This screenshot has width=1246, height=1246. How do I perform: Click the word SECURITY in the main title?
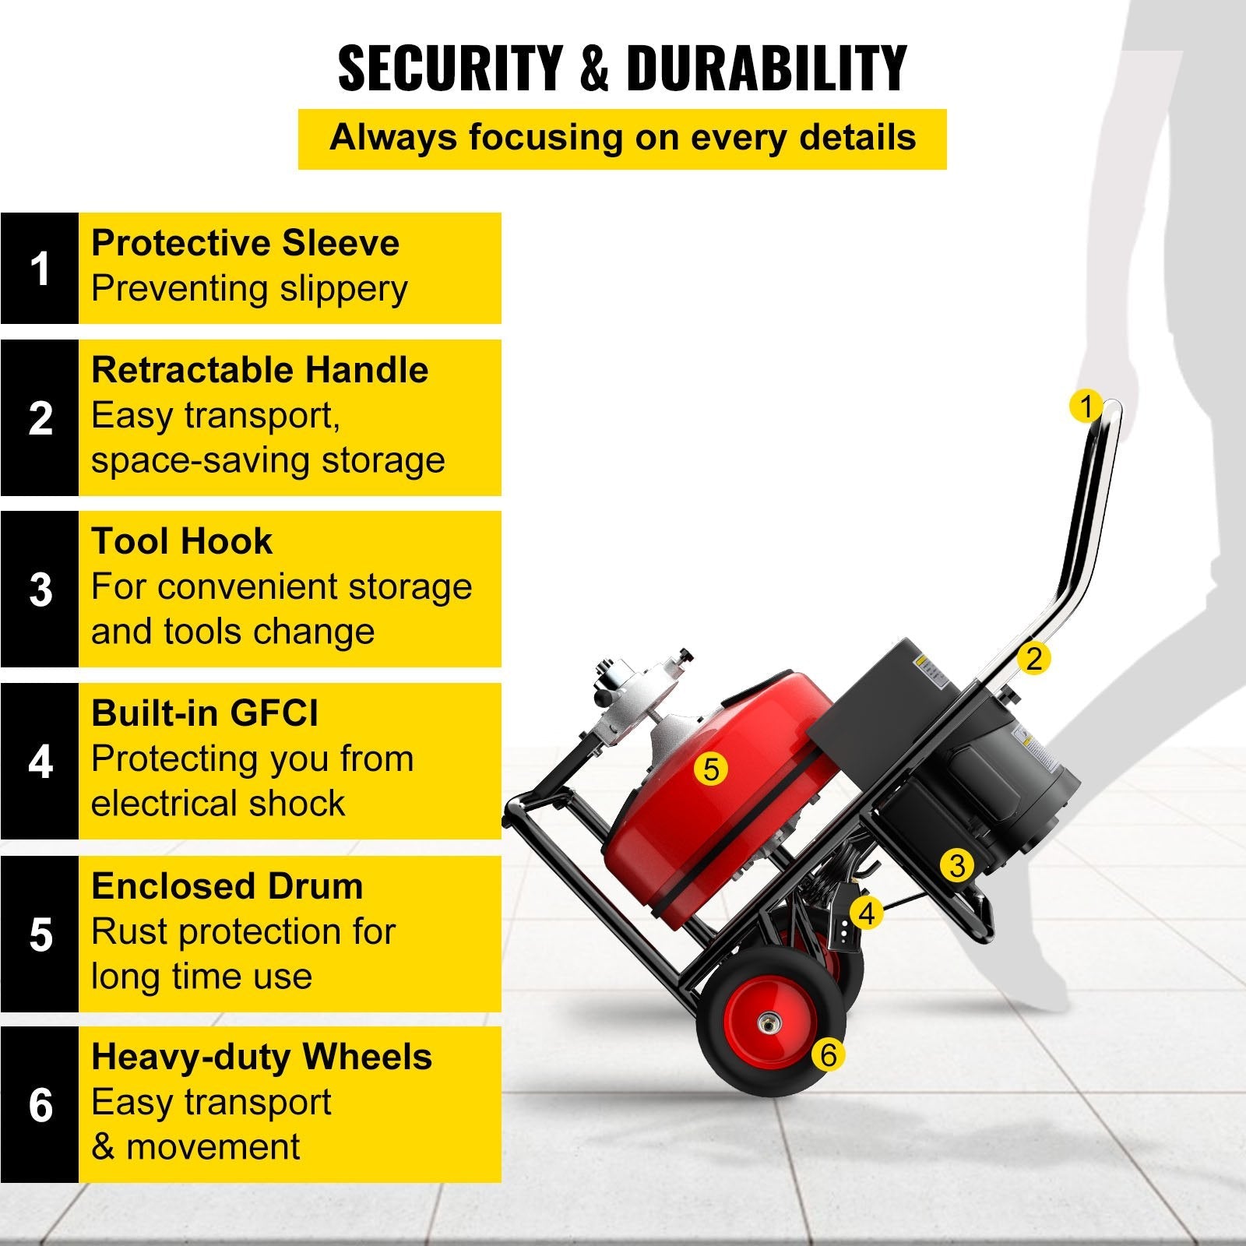pyautogui.click(x=450, y=68)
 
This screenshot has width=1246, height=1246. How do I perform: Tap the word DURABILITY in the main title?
pyautogui.click(x=766, y=68)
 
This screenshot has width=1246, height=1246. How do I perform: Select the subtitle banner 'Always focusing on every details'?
pyautogui.click(x=622, y=139)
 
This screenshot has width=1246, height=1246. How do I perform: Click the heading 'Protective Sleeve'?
pyautogui.click(x=245, y=243)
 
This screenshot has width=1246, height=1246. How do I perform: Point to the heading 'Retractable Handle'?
pyautogui.click(x=259, y=370)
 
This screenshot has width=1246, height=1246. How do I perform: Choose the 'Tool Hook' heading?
pyautogui.click(x=181, y=541)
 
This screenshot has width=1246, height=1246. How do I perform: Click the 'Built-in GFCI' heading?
pyautogui.click(x=205, y=713)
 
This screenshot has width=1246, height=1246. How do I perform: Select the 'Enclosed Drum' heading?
pyautogui.click(x=227, y=886)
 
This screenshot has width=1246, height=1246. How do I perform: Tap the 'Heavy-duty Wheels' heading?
pyautogui.click(x=262, y=1057)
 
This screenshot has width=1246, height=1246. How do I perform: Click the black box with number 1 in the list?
pyautogui.click(x=40, y=268)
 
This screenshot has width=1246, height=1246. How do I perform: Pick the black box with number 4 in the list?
pyautogui.click(x=40, y=762)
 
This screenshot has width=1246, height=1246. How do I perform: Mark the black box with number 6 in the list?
pyautogui.click(x=40, y=1104)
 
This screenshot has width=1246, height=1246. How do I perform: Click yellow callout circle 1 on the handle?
pyautogui.click(x=1086, y=406)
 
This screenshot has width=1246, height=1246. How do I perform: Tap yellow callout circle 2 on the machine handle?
pyautogui.click(x=1033, y=659)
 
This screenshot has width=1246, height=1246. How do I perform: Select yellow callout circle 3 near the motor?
pyautogui.click(x=957, y=865)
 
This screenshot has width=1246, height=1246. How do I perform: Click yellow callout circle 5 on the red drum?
pyautogui.click(x=710, y=769)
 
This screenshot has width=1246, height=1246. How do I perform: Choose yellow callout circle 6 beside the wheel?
pyautogui.click(x=828, y=1055)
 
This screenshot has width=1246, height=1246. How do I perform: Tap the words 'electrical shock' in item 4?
pyautogui.click(x=218, y=804)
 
